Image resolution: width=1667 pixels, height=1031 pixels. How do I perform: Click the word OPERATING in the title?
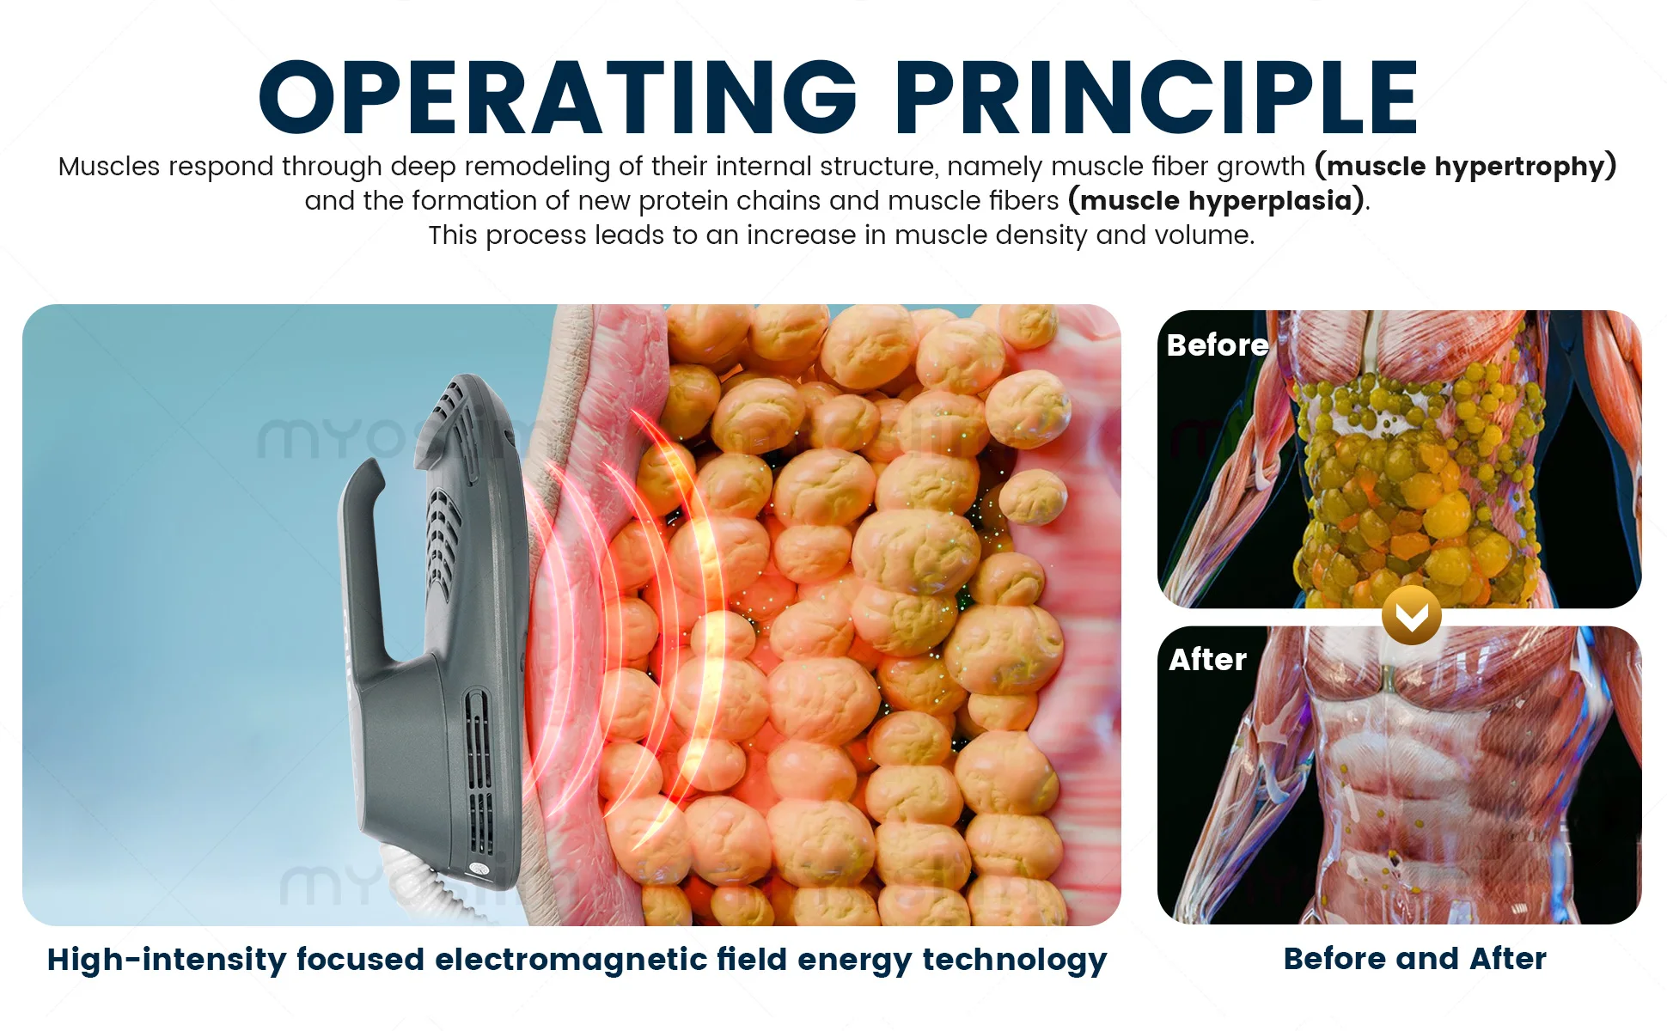(x=559, y=97)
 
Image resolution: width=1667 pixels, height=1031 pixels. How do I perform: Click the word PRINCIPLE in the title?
(x=1157, y=97)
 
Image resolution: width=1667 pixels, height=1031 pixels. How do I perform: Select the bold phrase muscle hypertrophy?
(x=1466, y=166)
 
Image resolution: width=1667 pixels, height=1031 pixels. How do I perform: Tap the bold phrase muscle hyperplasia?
(x=1216, y=200)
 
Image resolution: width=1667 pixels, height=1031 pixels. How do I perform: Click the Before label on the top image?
(x=1218, y=345)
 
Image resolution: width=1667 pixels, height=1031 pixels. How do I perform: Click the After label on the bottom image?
(x=1207, y=659)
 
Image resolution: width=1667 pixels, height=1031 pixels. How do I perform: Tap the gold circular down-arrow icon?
(x=1412, y=615)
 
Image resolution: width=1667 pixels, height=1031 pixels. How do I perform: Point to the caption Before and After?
(x=1414, y=958)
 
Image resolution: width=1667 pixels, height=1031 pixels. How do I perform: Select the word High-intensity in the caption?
(x=167, y=960)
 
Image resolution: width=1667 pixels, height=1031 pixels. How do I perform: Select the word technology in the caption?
(x=1014, y=961)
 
